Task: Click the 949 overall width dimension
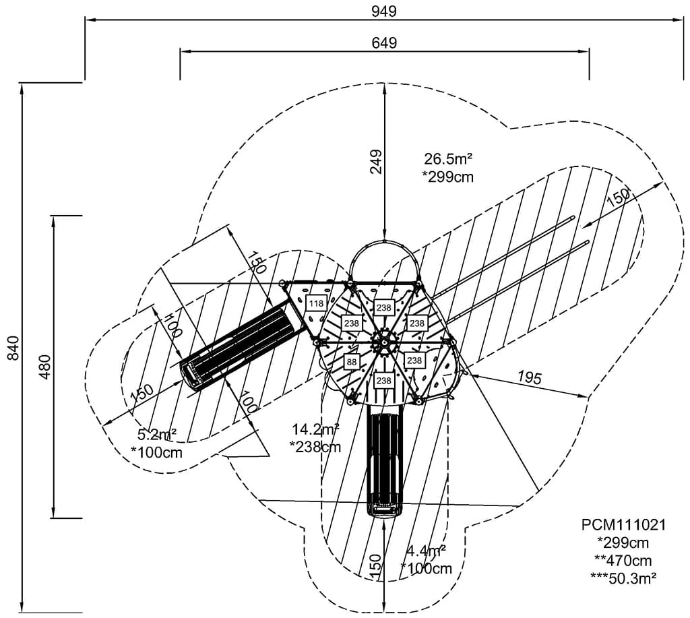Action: pyautogui.click(x=383, y=11)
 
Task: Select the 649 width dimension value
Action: pyautogui.click(x=384, y=42)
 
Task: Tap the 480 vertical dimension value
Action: pyautogui.click(x=44, y=366)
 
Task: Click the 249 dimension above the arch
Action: pyautogui.click(x=375, y=162)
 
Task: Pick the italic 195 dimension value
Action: pyautogui.click(x=530, y=377)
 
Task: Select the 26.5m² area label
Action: pyautogui.click(x=447, y=159)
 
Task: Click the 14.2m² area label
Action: pyautogui.click(x=315, y=429)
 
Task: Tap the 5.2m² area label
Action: pyautogui.click(x=157, y=435)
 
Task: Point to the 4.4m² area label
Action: pyautogui.click(x=426, y=552)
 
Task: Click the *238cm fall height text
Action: pyautogui.click(x=315, y=446)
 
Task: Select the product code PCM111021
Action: pyautogui.click(x=623, y=525)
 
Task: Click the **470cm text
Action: pyautogui.click(x=623, y=559)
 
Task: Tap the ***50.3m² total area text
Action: pyautogui.click(x=623, y=577)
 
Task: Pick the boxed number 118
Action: pyautogui.click(x=315, y=303)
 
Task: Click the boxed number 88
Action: pyautogui.click(x=352, y=362)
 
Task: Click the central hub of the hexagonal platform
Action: pyautogui.click(x=383, y=342)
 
